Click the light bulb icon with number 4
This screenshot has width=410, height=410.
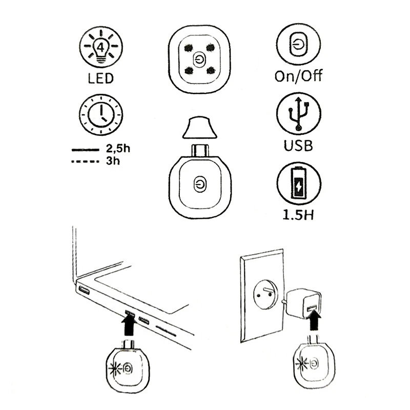100,48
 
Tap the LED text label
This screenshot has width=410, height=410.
100,79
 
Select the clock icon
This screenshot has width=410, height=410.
100,114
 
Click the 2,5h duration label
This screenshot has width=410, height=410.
118,149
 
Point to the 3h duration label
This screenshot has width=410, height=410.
113,161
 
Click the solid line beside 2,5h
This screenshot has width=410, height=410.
85,150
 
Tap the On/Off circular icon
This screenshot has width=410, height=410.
298,45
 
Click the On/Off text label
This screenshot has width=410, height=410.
298,77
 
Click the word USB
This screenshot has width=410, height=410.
298,146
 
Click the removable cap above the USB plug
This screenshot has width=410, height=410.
199,128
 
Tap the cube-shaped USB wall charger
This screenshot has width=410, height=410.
304,303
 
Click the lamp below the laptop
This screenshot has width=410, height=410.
125,367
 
